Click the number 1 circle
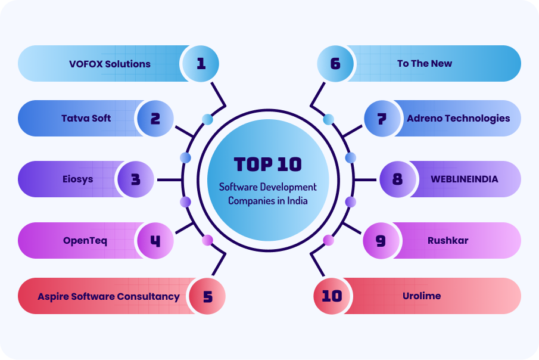201,63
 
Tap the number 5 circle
207,296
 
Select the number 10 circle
331,296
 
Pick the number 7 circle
381,118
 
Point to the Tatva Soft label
86,118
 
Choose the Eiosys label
78,179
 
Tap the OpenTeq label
85,241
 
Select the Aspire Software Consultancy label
108,296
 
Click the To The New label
425,63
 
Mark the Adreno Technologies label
459,118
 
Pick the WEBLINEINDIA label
465,179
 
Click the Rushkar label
448,241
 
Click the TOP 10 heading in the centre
268,164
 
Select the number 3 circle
135,179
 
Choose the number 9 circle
381,241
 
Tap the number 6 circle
335,63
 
